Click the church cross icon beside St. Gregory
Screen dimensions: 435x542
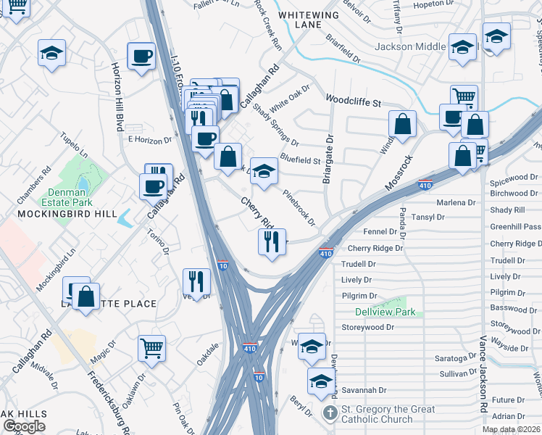[x=330, y=413]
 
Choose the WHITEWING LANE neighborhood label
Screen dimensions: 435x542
[x=308, y=20]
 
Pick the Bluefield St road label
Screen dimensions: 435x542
[x=300, y=159]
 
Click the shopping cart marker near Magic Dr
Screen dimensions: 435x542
[x=152, y=348]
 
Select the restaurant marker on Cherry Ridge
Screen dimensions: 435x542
[x=272, y=241]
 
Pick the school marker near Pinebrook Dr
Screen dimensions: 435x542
[x=264, y=172]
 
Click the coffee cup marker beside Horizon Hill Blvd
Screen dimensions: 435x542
[x=141, y=56]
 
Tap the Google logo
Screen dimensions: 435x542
[x=24, y=426]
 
